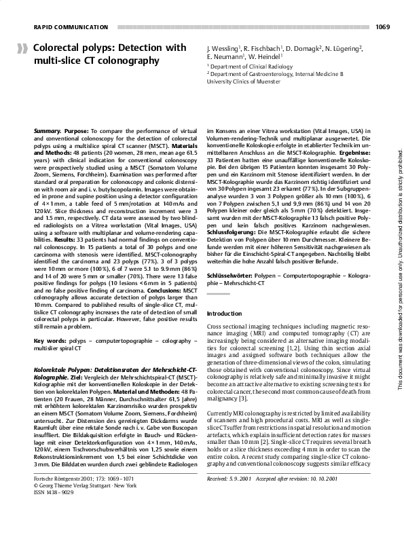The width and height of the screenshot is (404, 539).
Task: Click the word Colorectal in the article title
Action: point(58,48)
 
